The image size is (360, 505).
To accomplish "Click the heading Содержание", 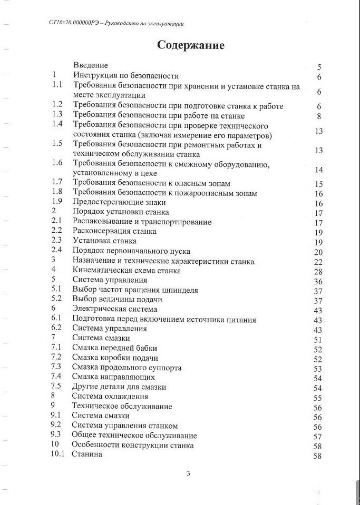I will click(x=190, y=45).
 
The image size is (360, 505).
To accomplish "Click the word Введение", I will click(x=91, y=66).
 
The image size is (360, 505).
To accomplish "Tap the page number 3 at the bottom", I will click(x=188, y=473).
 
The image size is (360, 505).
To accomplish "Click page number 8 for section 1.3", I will click(x=319, y=116).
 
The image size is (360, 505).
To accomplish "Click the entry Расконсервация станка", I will click(x=114, y=231).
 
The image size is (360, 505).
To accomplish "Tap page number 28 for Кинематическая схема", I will click(x=318, y=271).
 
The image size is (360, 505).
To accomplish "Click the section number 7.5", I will click(x=56, y=387).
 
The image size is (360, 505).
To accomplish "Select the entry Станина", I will click(x=87, y=454).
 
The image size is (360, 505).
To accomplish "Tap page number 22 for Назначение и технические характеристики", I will click(x=318, y=262).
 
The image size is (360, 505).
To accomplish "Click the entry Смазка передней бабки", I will click(x=115, y=348).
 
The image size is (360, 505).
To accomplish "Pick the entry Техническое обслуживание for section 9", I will click(x=123, y=407).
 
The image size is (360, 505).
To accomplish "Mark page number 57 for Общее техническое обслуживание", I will click(x=317, y=437).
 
